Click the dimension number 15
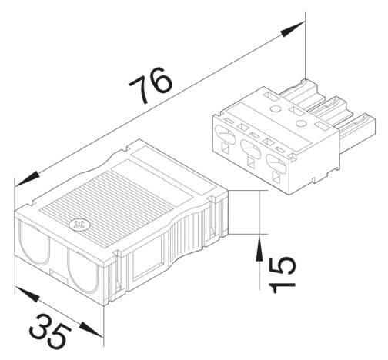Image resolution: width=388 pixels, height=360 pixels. [283, 274]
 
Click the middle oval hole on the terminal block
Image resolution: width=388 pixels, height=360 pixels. [249, 149]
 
